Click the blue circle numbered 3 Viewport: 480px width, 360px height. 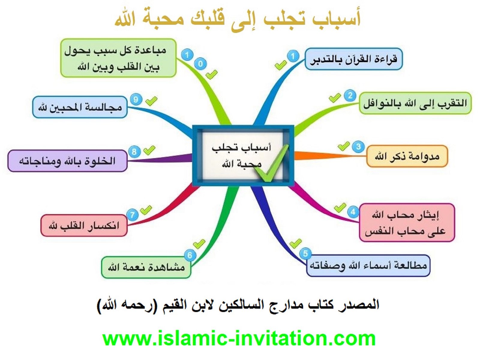click(x=358, y=146)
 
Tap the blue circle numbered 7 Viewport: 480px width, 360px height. click(x=132, y=214)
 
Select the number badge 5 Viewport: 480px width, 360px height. click(x=305, y=253)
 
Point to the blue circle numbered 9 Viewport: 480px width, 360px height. click(x=136, y=100)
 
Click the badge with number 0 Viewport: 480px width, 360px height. click(x=200, y=64)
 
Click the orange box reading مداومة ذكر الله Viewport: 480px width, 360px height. click(x=407, y=156)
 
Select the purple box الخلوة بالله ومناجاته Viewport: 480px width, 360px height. click(x=67, y=161)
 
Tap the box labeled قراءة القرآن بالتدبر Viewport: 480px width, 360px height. click(x=353, y=59)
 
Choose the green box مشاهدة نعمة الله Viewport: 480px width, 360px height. click(x=146, y=267)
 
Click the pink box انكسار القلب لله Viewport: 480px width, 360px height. click(x=84, y=225)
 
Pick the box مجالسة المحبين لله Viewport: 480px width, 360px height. click(x=80, y=107)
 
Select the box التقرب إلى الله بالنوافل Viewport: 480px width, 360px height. click(x=415, y=103)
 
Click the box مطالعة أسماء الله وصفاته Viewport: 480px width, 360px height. click(x=368, y=265)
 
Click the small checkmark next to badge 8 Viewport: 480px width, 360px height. click(x=149, y=150)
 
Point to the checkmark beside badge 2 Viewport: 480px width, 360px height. click(x=335, y=98)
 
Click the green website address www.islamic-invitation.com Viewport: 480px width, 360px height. click(x=239, y=339)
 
